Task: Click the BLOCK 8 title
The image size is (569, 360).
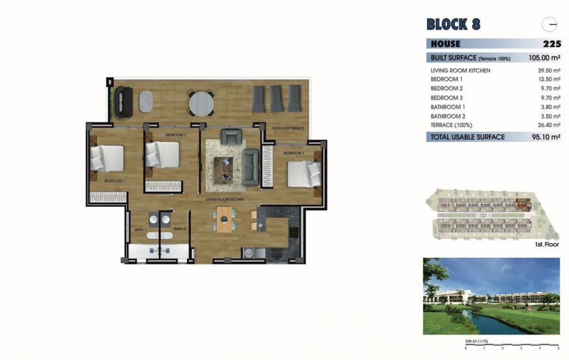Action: point(453,25)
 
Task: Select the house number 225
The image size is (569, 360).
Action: point(552,44)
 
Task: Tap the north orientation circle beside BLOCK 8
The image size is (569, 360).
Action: point(550,24)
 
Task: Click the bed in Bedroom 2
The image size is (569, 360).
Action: point(163,155)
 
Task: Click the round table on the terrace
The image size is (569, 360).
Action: point(201,103)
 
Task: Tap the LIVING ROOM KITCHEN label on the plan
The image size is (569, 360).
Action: point(225,198)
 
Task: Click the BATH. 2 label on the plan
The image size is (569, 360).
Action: point(181,229)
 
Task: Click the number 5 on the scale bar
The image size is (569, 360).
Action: point(559,349)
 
